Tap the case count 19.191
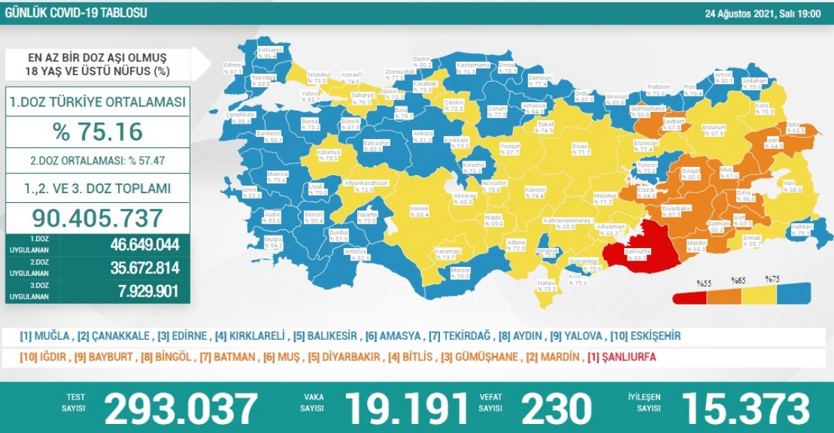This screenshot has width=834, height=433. point(408,408)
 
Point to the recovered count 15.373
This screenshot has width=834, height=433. point(745,408)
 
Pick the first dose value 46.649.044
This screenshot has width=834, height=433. point(145,245)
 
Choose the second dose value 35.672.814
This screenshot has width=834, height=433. point(145,268)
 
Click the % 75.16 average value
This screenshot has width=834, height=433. point(97,131)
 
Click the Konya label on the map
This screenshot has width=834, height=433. point(419,211)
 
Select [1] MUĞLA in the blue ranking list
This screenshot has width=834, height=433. point(45,336)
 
